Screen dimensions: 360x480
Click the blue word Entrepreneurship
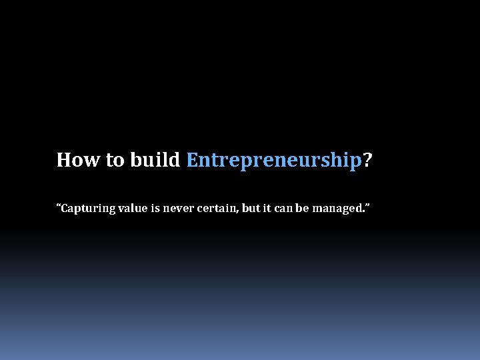[273, 161]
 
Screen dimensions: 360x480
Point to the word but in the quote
[251, 209]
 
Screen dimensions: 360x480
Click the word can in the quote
[284, 209]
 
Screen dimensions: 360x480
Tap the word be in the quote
[302, 209]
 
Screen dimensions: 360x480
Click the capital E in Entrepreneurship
[192, 160]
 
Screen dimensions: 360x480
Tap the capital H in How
[63, 160]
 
